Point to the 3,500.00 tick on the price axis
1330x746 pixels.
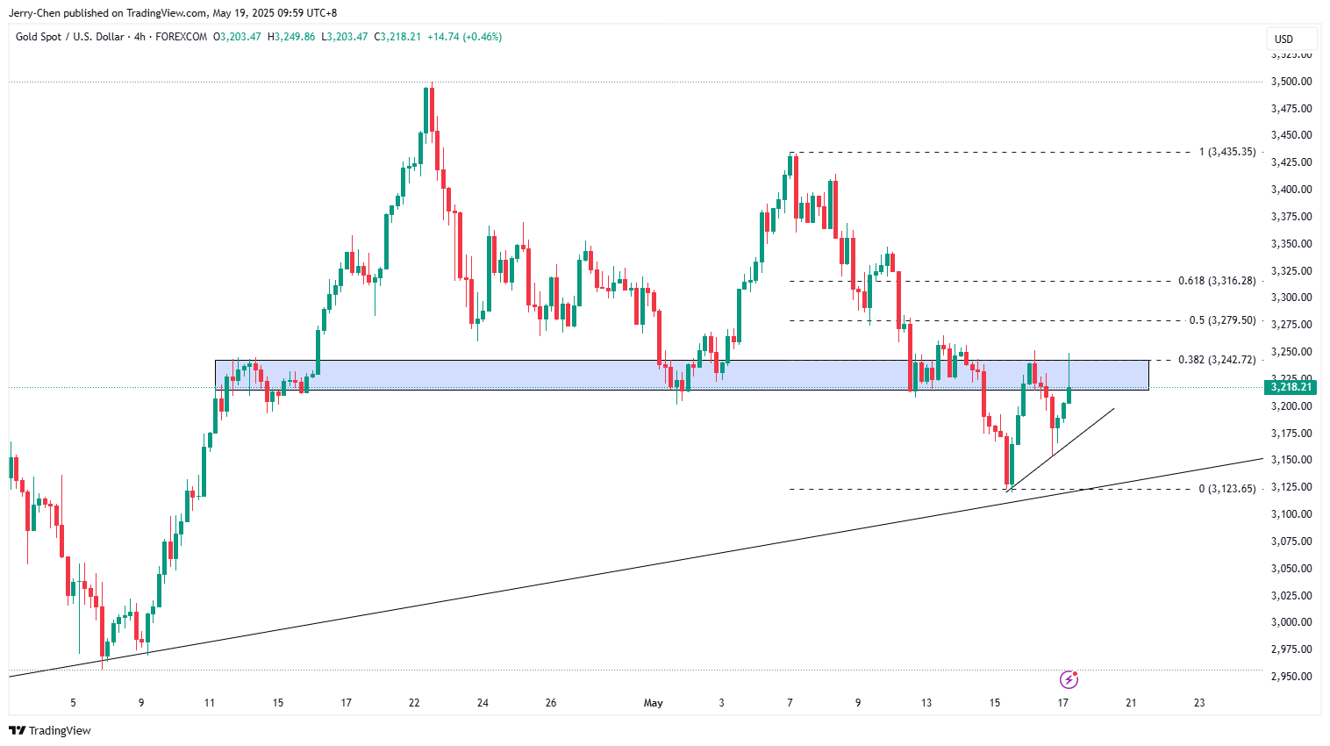pos(1291,82)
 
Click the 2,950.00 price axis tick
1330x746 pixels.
pos(1291,677)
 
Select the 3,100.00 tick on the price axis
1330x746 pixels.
pos(1291,514)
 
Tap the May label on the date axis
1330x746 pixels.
pos(654,703)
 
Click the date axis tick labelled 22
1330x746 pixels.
pos(414,703)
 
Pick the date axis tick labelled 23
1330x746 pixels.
pos(1199,703)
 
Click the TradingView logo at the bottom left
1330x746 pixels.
pos(50,730)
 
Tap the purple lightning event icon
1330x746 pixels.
pos(1069,679)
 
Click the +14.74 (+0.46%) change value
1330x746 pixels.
pos(464,37)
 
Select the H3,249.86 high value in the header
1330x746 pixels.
pos(291,37)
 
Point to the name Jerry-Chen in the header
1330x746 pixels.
pos(35,13)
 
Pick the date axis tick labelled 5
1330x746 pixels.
pos(73,703)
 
